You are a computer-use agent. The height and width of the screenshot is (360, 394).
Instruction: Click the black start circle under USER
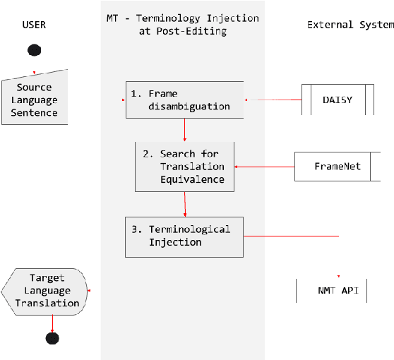pos(34,50)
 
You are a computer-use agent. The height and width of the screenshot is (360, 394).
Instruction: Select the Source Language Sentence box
pos(35,100)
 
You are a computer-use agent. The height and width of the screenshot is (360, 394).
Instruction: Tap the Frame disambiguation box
pos(184,100)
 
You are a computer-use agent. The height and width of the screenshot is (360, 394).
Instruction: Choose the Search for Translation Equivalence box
pos(184,167)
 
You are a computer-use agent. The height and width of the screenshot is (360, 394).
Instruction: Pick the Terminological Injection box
pos(184,236)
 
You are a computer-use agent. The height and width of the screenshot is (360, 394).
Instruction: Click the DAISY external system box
pos(337,100)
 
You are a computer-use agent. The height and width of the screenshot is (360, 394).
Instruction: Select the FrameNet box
pos(337,167)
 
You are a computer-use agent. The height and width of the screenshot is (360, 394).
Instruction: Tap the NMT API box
pos(332,290)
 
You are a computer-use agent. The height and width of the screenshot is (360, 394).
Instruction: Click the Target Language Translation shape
pos(45,290)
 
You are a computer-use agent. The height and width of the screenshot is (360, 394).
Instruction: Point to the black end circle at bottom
pos(52,337)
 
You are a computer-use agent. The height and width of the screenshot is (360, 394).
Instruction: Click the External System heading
pos(350,25)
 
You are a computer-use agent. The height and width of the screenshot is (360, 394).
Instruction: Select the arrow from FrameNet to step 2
pos(264,167)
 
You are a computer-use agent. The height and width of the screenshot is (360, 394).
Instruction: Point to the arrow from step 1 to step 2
pos(184,129)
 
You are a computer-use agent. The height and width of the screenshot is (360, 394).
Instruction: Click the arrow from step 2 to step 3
pos(185,204)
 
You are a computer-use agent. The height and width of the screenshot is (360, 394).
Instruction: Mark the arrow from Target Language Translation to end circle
pos(52,322)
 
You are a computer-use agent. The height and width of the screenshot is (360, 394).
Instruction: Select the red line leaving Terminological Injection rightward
pos(291,236)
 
